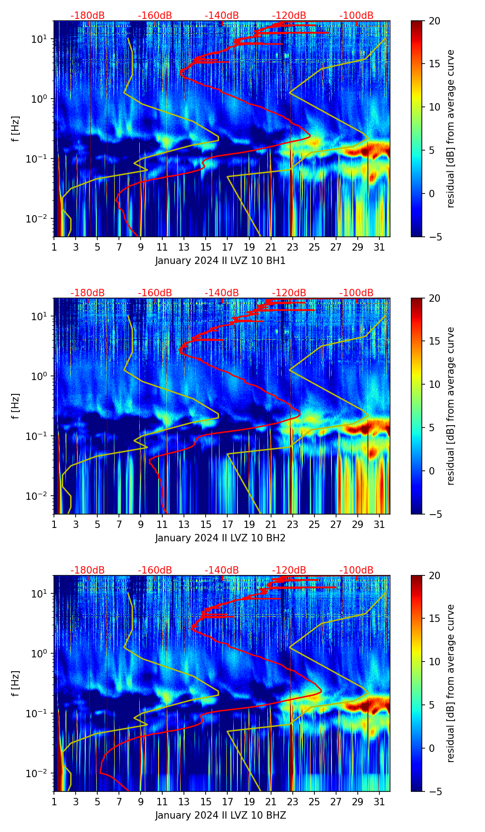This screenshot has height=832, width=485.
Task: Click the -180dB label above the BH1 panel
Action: [88, 16]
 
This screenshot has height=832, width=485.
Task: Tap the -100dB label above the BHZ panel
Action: [356, 570]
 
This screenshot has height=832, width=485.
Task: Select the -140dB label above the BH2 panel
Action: [222, 293]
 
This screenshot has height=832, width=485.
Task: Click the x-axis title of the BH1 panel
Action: [220, 261]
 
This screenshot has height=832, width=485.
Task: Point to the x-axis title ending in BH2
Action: [220, 538]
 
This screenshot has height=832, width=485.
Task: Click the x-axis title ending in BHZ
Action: [220, 815]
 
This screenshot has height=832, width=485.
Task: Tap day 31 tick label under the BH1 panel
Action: [379, 247]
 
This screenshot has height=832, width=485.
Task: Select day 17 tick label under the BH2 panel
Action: [227, 525]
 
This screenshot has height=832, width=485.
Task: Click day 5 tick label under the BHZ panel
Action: [97, 802]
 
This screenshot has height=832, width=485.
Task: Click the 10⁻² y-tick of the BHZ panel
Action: [40, 773]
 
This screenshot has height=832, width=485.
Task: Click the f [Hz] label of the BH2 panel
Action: [16, 406]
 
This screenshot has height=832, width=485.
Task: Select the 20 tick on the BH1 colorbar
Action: [434, 21]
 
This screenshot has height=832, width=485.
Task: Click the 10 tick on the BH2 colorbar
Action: [434, 384]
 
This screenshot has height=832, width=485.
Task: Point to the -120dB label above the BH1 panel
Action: [289, 16]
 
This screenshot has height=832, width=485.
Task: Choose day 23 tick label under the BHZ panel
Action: [292, 802]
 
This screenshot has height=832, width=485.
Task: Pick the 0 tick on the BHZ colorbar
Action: [432, 748]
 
